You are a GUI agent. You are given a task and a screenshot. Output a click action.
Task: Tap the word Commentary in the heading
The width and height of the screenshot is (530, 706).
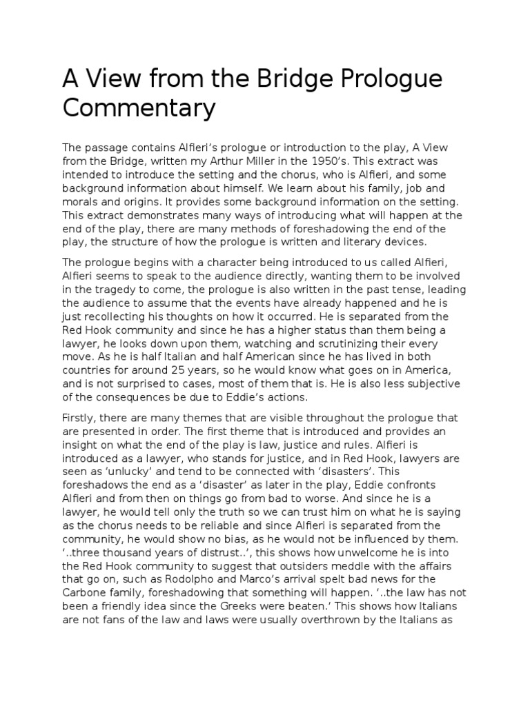click(x=139, y=108)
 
